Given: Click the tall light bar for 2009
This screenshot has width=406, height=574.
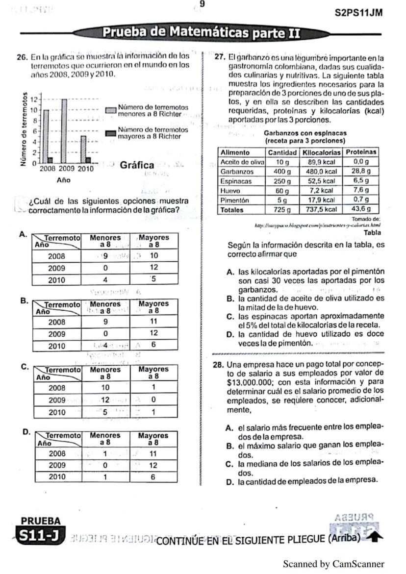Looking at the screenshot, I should [64, 131].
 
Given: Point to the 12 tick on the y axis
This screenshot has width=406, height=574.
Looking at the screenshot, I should [34, 100].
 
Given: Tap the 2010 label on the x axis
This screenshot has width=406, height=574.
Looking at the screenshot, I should [86, 169].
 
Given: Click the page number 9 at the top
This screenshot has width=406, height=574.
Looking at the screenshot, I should [202, 4].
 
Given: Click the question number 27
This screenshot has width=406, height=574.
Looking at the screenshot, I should [220, 57].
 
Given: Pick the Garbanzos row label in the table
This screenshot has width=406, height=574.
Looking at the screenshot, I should [237, 172].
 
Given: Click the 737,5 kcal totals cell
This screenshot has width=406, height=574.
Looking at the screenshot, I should [321, 209].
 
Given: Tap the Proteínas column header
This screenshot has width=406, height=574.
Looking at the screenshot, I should [361, 152].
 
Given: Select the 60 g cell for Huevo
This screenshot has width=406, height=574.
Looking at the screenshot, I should [282, 191].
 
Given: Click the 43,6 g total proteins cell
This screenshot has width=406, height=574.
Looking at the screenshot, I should [361, 209].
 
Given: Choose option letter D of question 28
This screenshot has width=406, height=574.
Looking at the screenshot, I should [229, 482].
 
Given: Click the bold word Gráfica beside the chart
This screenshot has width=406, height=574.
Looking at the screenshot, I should [137, 165].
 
